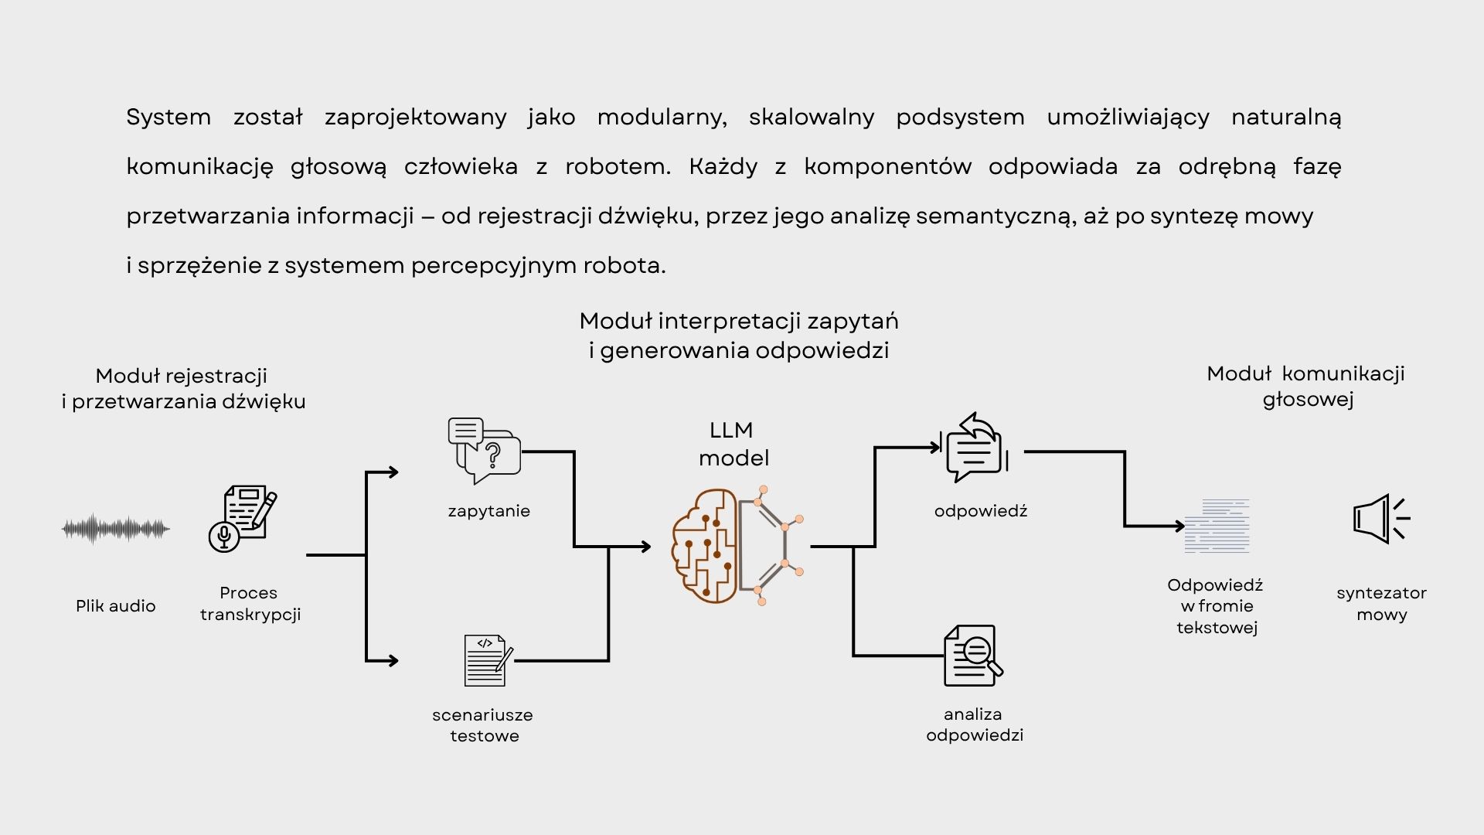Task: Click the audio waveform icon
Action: pyautogui.click(x=116, y=530)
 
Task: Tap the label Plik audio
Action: pyautogui.click(x=116, y=606)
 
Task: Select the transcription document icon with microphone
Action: pyautogui.click(x=243, y=518)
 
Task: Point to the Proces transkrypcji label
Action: pyautogui.click(x=250, y=604)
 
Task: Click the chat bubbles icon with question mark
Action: pyautogui.click(x=485, y=450)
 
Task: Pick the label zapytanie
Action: pyautogui.click(x=489, y=511)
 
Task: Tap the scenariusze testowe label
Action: pyautogui.click(x=483, y=725)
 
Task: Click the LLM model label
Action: pyautogui.click(x=733, y=444)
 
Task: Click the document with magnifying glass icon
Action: pyautogui.click(x=973, y=656)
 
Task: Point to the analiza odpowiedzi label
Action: pyautogui.click(x=975, y=724)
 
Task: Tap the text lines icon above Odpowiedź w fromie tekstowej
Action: pyautogui.click(x=1217, y=527)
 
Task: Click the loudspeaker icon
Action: pyautogui.click(x=1381, y=519)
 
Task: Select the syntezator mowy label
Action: pyautogui.click(x=1382, y=604)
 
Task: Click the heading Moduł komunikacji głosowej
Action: pyautogui.click(x=1306, y=387)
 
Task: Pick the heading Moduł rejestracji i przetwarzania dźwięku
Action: pyautogui.click(x=183, y=389)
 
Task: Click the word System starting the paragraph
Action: pyautogui.click(x=168, y=118)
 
